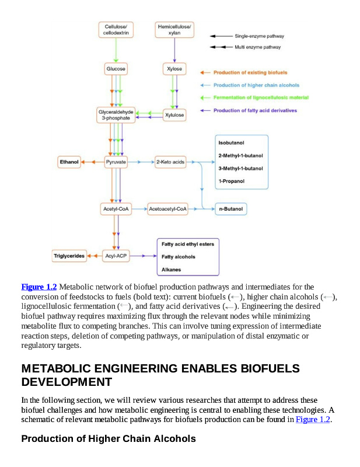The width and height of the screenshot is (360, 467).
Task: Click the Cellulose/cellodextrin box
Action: [116, 30]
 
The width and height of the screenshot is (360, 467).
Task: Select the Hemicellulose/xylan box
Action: [174, 30]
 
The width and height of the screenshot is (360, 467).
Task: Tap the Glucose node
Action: [116, 69]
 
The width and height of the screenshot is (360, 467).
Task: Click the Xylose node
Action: [174, 69]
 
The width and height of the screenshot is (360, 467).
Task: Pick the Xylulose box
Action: [174, 115]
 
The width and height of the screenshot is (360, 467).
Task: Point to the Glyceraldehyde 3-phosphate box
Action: [116, 114]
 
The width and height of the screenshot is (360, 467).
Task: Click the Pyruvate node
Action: [116, 162]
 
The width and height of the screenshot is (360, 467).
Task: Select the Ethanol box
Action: [69, 162]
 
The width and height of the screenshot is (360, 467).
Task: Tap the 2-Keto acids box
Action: [170, 162]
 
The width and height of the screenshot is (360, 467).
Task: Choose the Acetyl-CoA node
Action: [116, 208]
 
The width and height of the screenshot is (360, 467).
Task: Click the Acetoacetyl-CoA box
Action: [168, 208]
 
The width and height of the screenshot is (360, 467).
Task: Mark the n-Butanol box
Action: [230, 208]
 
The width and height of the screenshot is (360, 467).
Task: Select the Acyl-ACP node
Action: [116, 256]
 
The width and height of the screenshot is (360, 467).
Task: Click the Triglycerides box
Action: [69, 256]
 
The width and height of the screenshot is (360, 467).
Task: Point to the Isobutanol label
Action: [231, 143]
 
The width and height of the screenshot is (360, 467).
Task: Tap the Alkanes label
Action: [171, 269]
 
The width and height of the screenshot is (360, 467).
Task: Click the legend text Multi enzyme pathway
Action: [257, 47]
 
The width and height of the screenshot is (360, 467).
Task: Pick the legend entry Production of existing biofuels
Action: [249, 73]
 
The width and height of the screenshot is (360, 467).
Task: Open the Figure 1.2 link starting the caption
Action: [39, 287]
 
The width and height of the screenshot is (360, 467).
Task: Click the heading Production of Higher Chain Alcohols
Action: [108, 438]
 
